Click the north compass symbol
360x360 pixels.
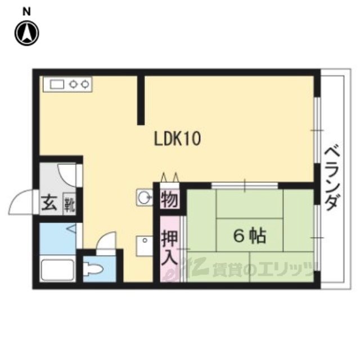point(27,33)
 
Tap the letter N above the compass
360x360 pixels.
point(26,11)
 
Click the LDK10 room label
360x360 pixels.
point(177,138)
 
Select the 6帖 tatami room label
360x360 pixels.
point(249,236)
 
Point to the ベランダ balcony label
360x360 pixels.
point(332,178)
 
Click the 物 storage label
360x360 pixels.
point(170,200)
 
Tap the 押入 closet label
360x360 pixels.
point(170,247)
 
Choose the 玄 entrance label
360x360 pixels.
point(49,203)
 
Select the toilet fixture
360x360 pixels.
point(92,268)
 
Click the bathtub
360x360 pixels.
point(57,270)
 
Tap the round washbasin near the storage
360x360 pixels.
point(145,197)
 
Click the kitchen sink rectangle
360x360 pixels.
point(57,84)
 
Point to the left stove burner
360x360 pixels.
point(74,84)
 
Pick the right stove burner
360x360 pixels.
point(85,84)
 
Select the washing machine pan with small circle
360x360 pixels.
point(145,246)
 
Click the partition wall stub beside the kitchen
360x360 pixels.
point(141,100)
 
